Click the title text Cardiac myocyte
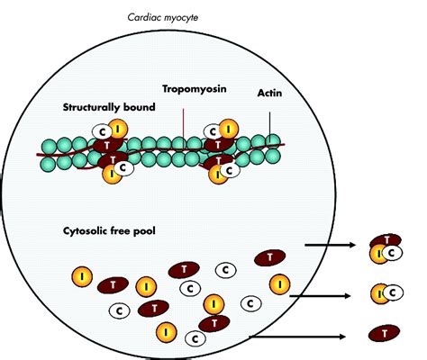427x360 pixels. pos(163,17)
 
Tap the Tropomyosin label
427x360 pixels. pos(195,89)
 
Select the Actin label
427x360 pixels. pos(269,93)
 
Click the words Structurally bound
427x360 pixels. pos(109,107)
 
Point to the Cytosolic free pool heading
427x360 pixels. pos(109,231)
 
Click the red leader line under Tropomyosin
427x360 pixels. pos(183,129)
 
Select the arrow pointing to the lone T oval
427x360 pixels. pos(297,337)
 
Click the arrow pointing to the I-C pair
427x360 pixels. pos(320,296)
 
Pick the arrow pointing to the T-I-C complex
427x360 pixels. pos(330,245)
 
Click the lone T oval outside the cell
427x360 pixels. pos(384,333)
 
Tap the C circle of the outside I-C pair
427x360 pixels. pos(393,292)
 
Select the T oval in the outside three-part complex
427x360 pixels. pos(386,240)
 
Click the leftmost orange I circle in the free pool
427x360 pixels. pos(82,276)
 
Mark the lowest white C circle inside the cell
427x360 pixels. pos(195,339)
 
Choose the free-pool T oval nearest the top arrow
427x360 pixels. pos(269,257)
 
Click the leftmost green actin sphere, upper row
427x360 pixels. pos(49,147)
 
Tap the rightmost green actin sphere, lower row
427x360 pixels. pos(273,156)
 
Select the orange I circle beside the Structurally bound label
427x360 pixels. pos(118,130)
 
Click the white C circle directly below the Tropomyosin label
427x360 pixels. pos(213,131)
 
